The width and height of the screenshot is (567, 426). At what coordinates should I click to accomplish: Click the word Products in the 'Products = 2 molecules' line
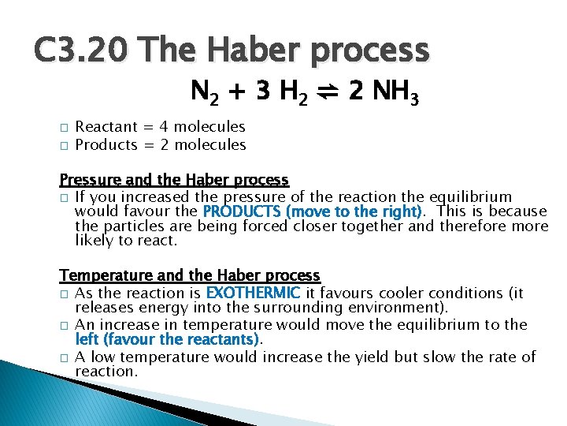click(106, 145)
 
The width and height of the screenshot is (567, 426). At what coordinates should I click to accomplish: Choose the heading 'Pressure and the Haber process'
click(174, 181)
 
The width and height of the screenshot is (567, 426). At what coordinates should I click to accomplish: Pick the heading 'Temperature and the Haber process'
click(190, 276)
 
